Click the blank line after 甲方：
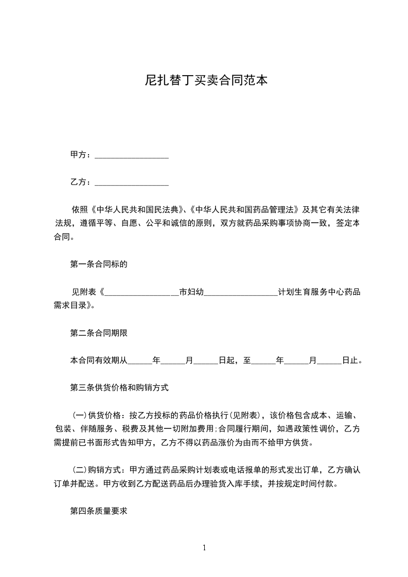click(x=132, y=155)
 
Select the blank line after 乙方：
click(x=132, y=183)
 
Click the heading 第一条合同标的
click(x=99, y=265)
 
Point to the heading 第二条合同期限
click(x=99, y=333)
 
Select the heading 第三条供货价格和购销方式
click(x=119, y=388)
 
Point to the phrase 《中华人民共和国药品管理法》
click(x=244, y=210)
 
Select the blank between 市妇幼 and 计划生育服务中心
click(x=241, y=293)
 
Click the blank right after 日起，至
click(x=263, y=361)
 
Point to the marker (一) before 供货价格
click(x=80, y=416)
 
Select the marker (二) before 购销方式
click(x=80, y=470)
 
